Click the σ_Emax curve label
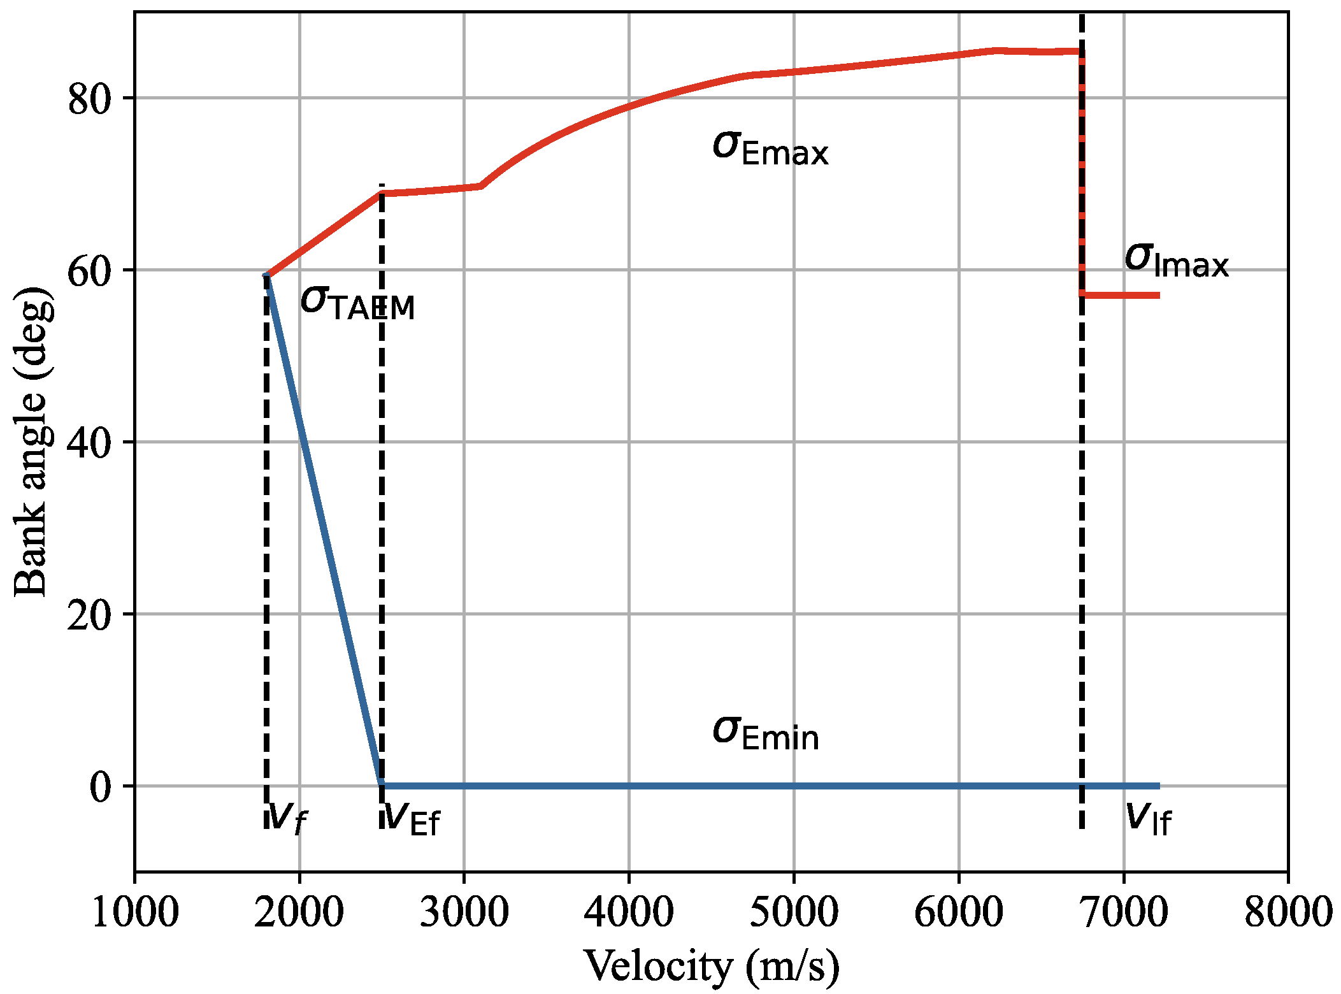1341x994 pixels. [770, 148]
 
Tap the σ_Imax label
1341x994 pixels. [1176, 261]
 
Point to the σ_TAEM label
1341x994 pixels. [357, 303]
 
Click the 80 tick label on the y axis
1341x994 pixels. [90, 99]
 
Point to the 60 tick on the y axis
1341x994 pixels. [90, 271]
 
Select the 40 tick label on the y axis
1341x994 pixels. [90, 443]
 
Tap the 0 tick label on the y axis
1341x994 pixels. [101, 788]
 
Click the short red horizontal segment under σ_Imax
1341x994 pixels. [1121, 295]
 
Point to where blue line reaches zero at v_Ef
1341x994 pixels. [382, 785]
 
